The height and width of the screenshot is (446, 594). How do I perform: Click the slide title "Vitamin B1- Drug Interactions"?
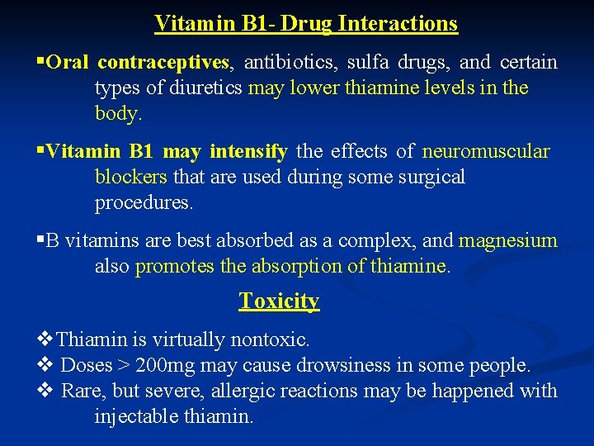[306, 23]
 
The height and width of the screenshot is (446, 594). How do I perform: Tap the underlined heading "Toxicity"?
[279, 301]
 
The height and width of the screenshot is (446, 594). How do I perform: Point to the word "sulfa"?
[368, 62]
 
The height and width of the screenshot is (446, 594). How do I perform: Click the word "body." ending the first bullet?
[119, 113]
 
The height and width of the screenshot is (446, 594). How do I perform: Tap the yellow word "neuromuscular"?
[486, 151]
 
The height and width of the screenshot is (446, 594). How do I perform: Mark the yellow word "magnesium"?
[508, 241]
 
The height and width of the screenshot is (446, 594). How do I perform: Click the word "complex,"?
[379, 241]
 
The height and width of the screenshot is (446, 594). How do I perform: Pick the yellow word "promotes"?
[172, 267]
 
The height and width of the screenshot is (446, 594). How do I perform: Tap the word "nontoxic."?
[270, 339]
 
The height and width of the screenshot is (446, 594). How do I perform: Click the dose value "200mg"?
[164, 365]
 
